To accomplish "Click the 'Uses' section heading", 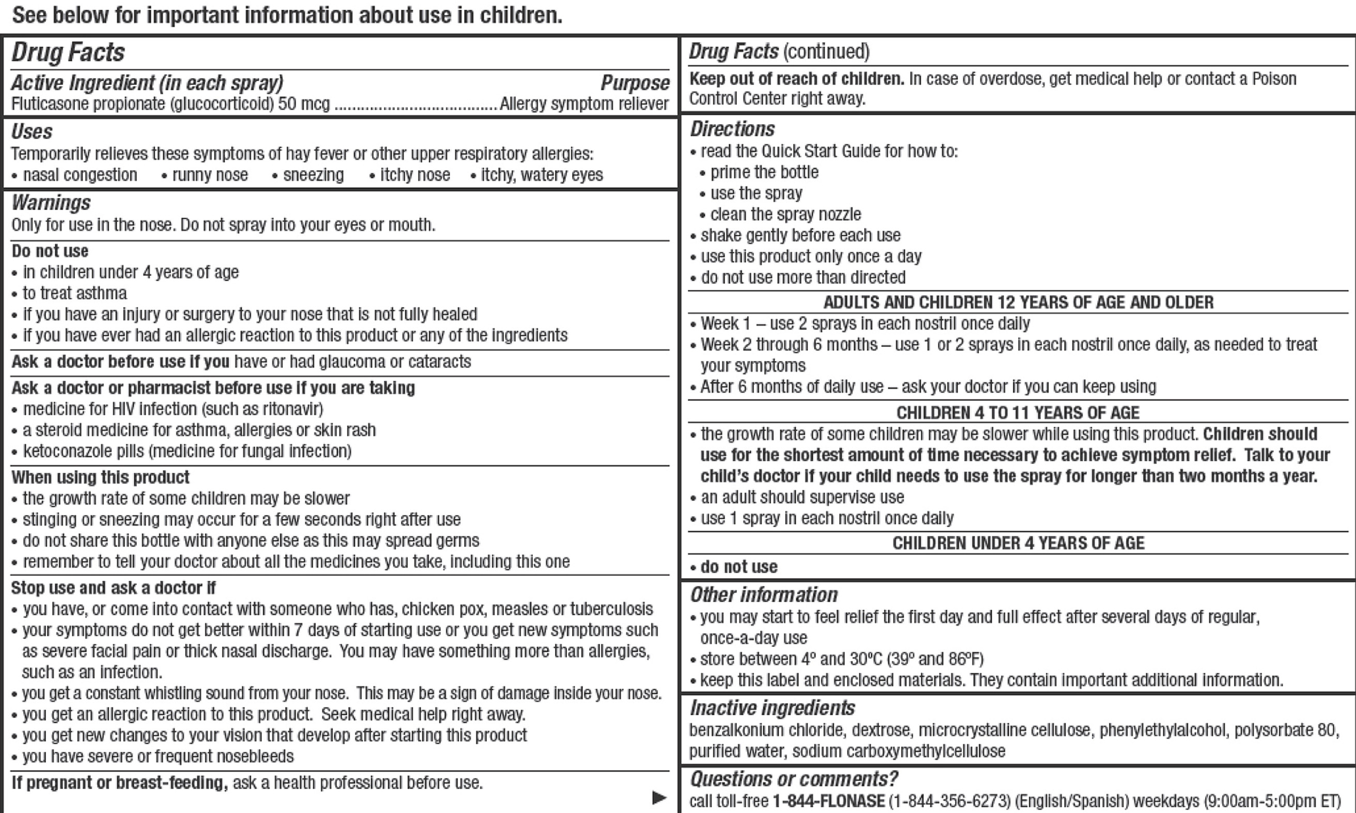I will click(x=32, y=131).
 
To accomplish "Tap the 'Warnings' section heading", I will click(x=51, y=203).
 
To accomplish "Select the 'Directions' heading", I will click(x=732, y=129).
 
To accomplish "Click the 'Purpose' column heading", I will click(x=635, y=83).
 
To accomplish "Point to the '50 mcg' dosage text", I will click(x=304, y=104).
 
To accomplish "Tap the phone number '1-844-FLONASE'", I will click(x=828, y=802).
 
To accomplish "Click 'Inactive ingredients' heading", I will click(x=772, y=709).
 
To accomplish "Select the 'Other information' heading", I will click(x=763, y=595).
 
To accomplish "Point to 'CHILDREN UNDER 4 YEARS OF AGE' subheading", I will click(x=1018, y=544).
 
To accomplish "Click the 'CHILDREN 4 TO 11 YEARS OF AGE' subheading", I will click(x=1018, y=413).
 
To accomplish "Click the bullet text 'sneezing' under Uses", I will click(x=313, y=175).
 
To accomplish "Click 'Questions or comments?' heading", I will click(x=793, y=779).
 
